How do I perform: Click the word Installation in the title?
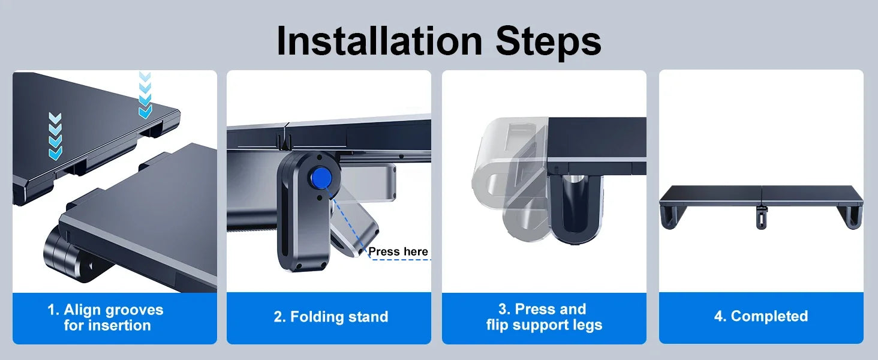380,41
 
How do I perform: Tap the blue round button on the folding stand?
321,178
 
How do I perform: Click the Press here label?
398,251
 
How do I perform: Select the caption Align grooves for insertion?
106,317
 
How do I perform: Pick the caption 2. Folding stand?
331,316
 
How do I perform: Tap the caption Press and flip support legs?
544,317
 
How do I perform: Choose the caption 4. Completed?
761,316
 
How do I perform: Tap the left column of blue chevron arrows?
55,136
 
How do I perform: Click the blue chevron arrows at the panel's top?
145,95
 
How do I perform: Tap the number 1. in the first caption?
53,310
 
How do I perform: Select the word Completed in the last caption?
769,316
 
